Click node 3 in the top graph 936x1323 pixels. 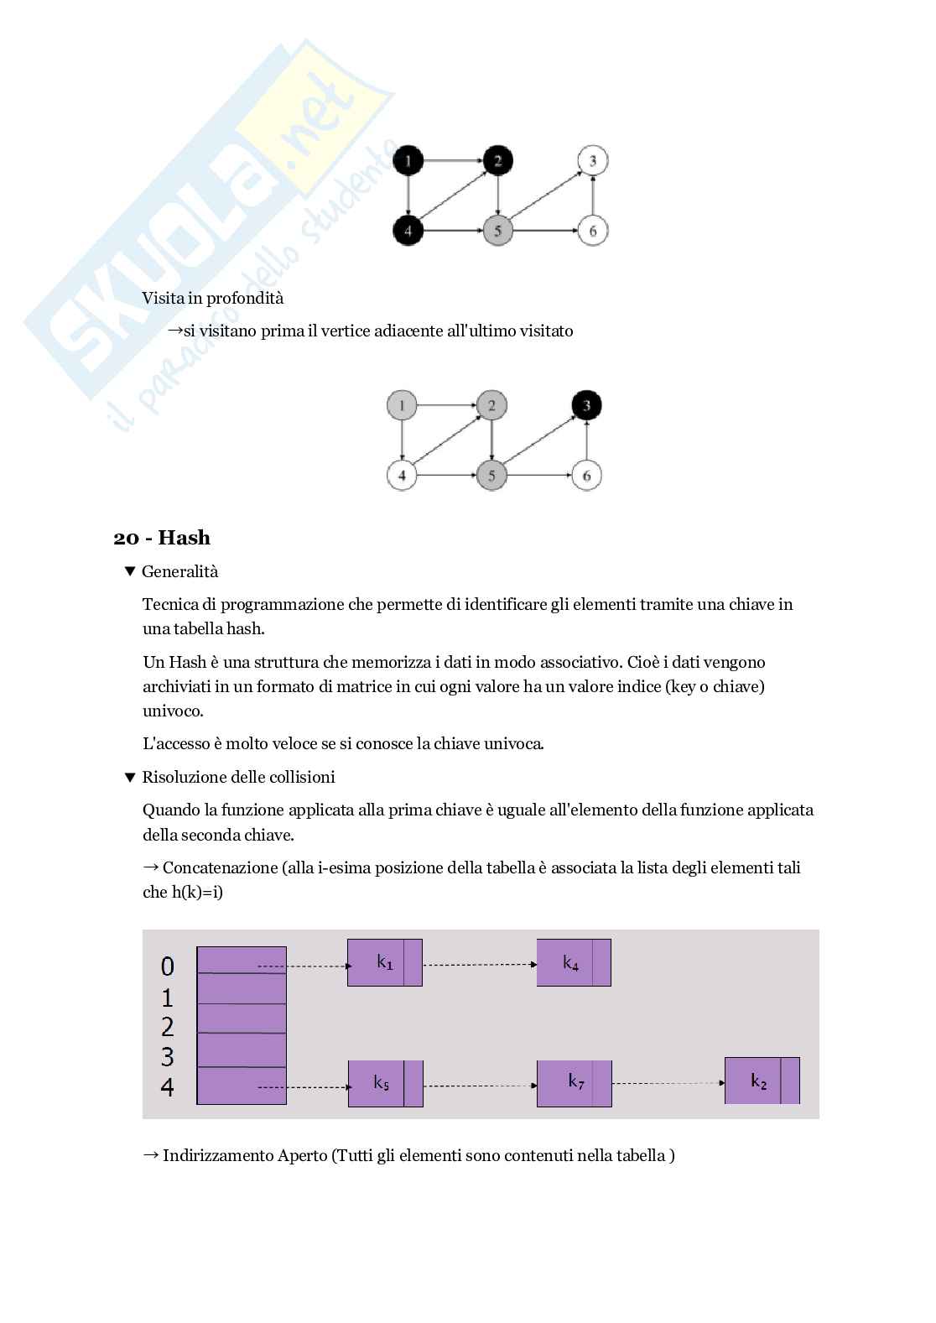(x=593, y=160)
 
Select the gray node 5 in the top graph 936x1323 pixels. (x=497, y=231)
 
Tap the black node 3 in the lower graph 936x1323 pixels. (x=586, y=406)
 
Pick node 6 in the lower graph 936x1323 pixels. (x=586, y=477)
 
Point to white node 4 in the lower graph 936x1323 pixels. (x=402, y=477)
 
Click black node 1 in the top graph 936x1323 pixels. (x=408, y=160)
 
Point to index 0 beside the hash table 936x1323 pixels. (x=168, y=966)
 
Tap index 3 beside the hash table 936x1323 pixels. (x=168, y=1056)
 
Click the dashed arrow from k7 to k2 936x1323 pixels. (x=668, y=1083)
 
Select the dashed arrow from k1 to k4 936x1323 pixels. (x=479, y=964)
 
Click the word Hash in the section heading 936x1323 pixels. (x=184, y=538)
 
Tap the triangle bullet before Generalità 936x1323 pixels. (x=129, y=571)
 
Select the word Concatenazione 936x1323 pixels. (x=220, y=867)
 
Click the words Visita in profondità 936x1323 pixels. (x=213, y=298)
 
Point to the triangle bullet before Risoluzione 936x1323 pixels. (x=129, y=777)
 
